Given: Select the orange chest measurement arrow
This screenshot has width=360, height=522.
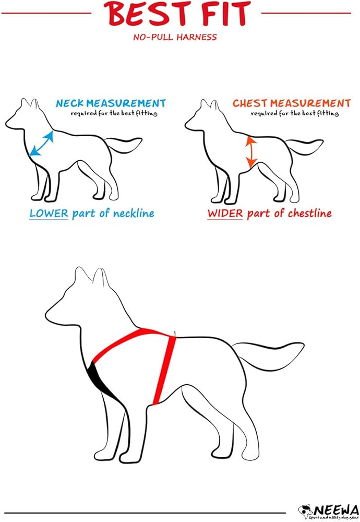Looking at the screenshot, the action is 251,151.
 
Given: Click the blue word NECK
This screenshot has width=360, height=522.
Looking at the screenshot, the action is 70,103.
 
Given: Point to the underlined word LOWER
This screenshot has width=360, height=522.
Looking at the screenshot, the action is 49,213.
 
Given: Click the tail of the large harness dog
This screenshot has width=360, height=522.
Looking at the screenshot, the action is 266,352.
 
